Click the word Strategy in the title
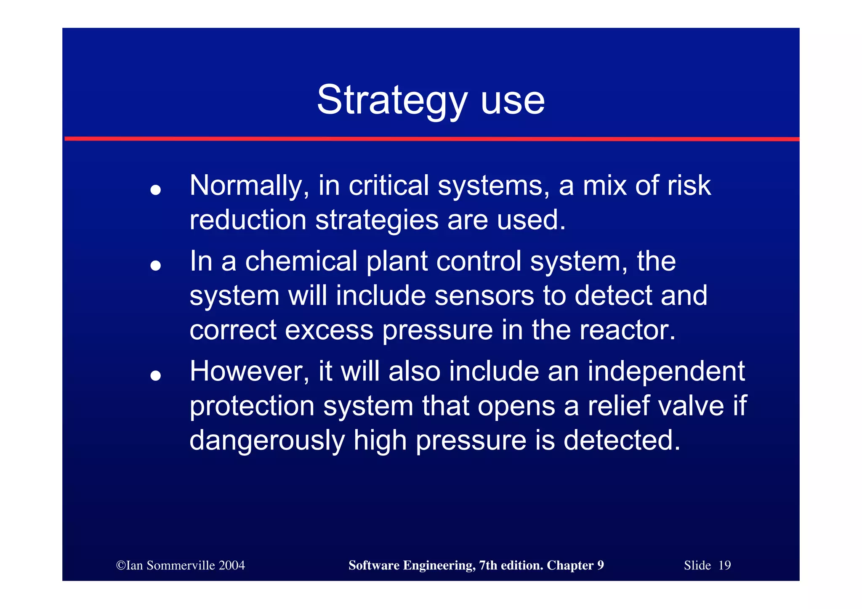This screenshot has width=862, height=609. [392, 100]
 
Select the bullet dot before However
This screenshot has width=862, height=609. [156, 375]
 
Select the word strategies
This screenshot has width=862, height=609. [377, 220]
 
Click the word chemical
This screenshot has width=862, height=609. [301, 261]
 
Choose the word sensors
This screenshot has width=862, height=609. [484, 295]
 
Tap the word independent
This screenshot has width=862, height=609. [666, 372]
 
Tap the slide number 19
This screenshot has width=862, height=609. [724, 565]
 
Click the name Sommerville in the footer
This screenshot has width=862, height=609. [181, 565]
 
